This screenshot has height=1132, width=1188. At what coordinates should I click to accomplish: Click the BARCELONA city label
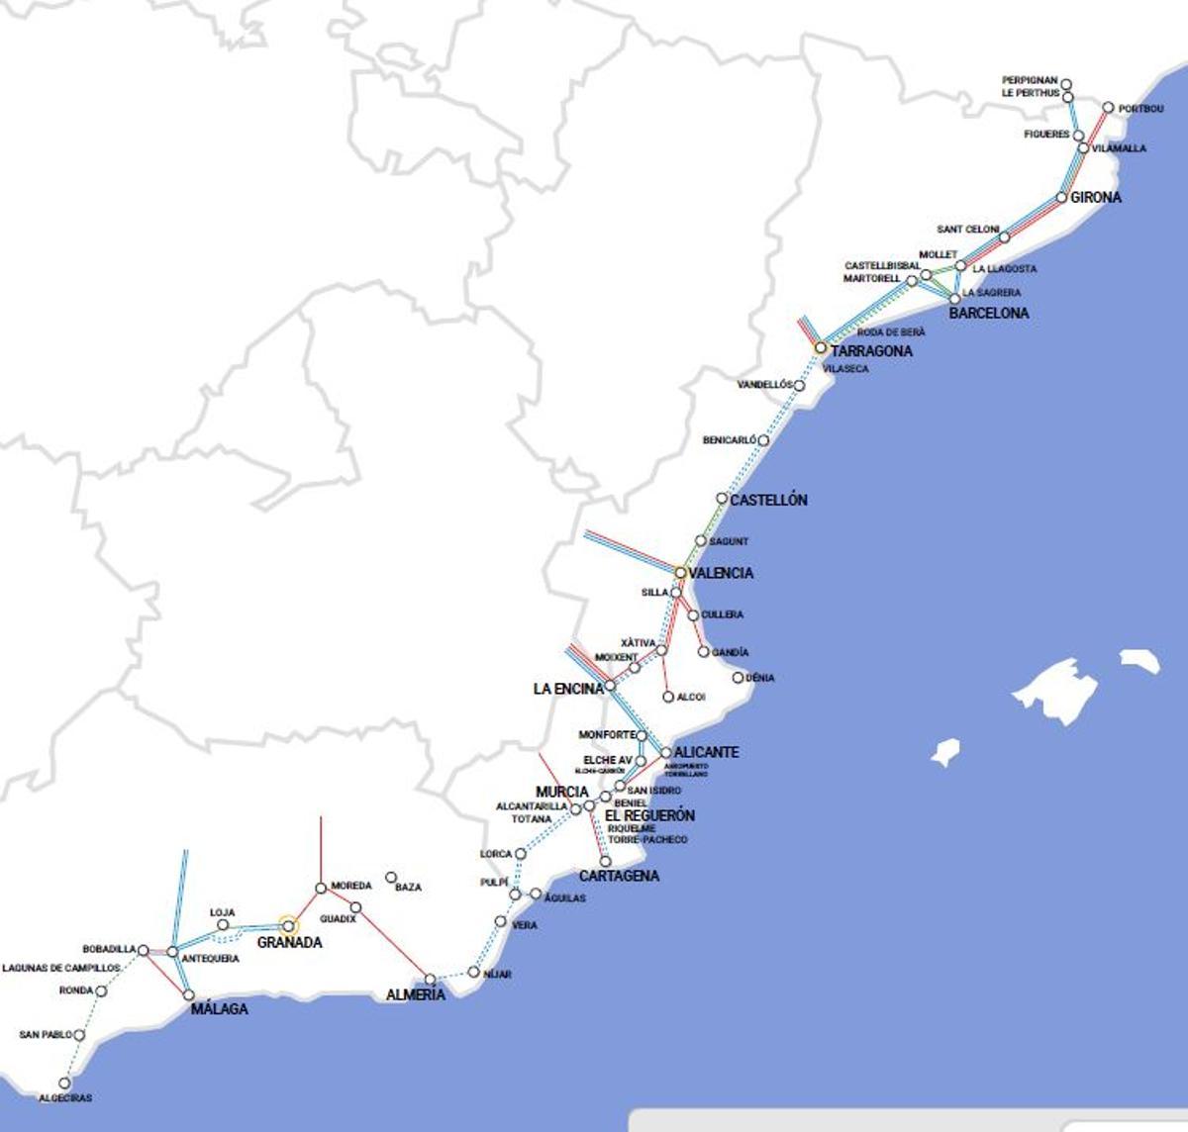tap(988, 314)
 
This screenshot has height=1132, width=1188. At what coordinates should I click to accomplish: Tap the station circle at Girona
tap(1062, 198)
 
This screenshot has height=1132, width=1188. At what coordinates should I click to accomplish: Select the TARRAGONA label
tap(871, 351)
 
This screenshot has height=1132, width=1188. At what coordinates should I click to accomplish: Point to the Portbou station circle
tap(1109, 108)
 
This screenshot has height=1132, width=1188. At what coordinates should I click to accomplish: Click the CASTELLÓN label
tap(768, 501)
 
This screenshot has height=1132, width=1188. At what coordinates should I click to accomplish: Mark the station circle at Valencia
tap(680, 573)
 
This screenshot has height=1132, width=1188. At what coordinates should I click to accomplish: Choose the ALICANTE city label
tap(706, 752)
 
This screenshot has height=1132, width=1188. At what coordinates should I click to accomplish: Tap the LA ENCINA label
tap(568, 689)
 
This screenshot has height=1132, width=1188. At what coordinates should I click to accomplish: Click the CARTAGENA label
tap(619, 877)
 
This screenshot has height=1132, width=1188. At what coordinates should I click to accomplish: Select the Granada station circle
tap(289, 926)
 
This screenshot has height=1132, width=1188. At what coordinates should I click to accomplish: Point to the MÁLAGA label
tap(219, 1009)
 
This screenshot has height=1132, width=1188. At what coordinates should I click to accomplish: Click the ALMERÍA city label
tap(416, 995)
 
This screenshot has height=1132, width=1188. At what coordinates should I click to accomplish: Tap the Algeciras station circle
tap(65, 1084)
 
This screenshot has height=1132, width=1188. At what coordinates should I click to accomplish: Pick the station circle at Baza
tap(391, 878)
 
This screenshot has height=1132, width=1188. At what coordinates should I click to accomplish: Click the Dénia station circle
tap(738, 678)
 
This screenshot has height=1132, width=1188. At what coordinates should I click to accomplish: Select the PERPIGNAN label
tap(1030, 81)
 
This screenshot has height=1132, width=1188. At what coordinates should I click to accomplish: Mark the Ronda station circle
tap(101, 990)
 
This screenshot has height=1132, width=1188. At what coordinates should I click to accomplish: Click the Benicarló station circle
tap(763, 440)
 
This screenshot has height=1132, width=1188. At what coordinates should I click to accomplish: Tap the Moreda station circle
tap(321, 888)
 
